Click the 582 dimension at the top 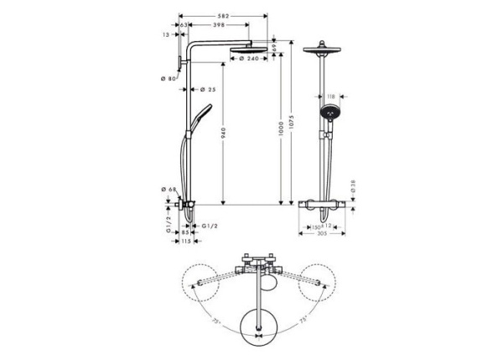(224, 15)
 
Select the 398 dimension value (219, 26)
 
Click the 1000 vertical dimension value (280, 126)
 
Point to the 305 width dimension (322, 234)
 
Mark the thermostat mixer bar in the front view (322, 206)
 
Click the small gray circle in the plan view (267, 285)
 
